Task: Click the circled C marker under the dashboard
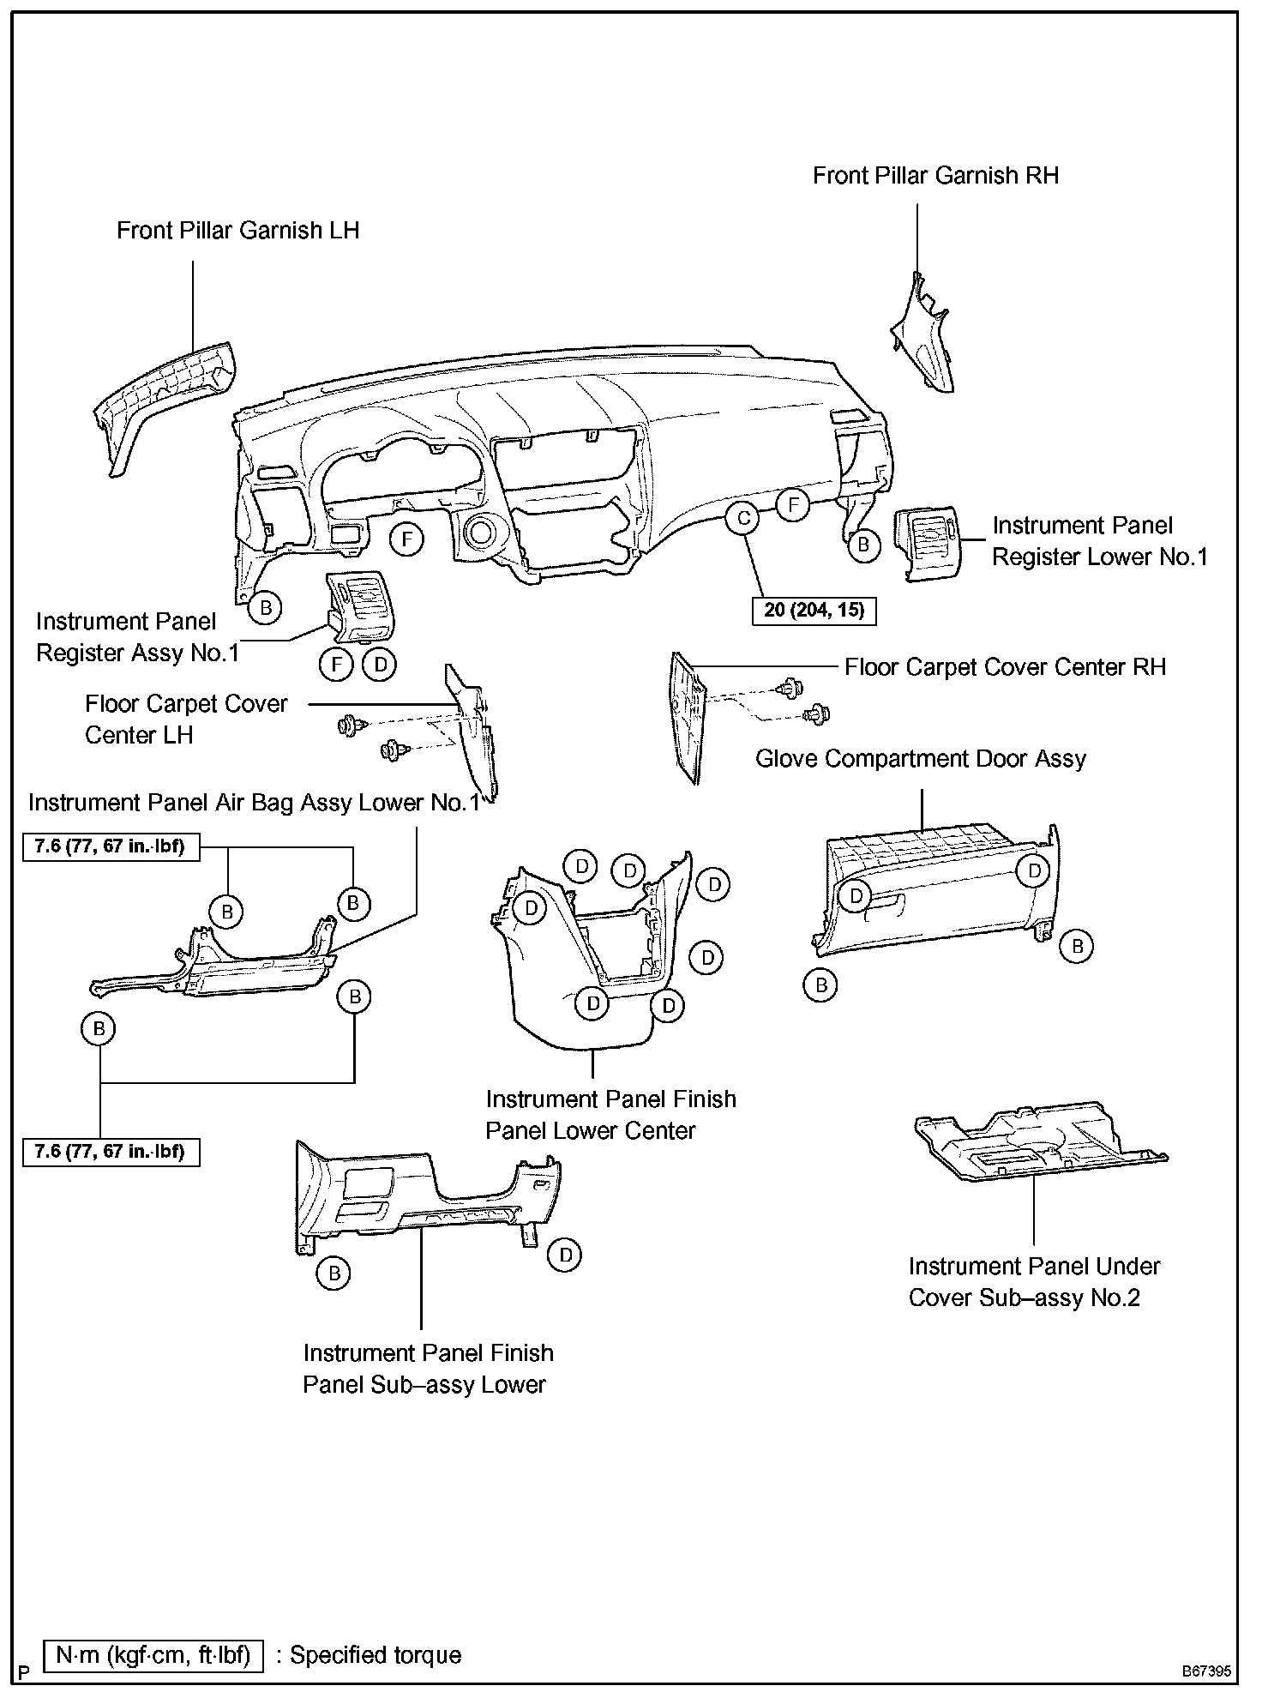point(743,518)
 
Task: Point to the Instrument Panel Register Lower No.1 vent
point(928,544)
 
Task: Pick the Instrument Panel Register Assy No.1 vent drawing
point(360,609)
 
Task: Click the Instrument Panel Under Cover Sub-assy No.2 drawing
point(1037,1145)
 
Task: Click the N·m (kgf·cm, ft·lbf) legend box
point(153,1654)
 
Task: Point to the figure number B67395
point(1206,1671)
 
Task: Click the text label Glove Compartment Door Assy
point(920,759)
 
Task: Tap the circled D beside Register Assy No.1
point(380,664)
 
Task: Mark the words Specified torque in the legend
point(376,1654)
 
